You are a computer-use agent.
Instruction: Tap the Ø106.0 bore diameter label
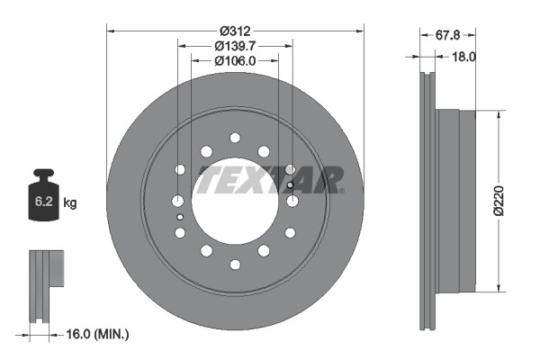235,60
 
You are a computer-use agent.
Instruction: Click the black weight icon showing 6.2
44,193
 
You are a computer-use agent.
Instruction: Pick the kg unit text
70,203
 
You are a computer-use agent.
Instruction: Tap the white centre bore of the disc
235,200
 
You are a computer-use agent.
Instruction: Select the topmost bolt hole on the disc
235,138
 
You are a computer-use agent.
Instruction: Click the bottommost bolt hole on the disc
235,264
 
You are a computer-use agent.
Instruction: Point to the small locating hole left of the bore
180,217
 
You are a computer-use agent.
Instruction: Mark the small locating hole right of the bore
291,185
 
